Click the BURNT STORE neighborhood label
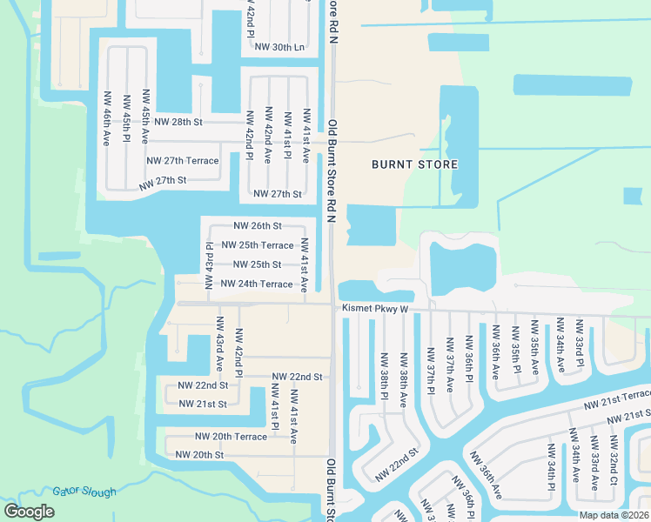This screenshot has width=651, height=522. point(414,164)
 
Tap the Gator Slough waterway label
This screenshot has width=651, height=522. point(84,492)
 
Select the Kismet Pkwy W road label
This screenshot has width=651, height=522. point(375,308)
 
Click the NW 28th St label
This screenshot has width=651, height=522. point(178,122)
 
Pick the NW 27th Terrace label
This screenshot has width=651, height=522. point(182,161)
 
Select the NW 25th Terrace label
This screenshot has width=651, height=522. point(258,245)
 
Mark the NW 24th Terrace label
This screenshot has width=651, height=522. point(257,284)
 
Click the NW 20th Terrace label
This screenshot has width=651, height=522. point(231,436)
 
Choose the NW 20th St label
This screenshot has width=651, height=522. point(199,454)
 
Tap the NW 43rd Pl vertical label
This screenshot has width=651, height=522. point(209,265)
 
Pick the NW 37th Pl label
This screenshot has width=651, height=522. point(430,368)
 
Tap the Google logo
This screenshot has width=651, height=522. point(30,511)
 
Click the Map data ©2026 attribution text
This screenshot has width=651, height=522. point(614,515)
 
